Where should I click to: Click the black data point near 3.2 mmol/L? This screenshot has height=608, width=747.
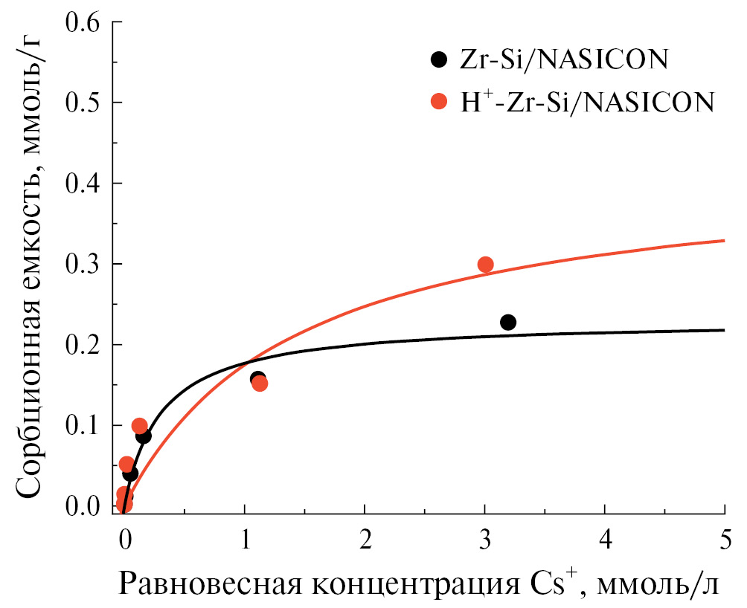(508, 323)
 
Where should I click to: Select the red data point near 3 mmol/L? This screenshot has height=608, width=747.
(486, 265)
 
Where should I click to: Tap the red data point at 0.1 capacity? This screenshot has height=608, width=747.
(139, 426)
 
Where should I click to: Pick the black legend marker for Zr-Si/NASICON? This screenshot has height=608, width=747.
(440, 59)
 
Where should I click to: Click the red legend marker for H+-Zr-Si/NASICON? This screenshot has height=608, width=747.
(440, 101)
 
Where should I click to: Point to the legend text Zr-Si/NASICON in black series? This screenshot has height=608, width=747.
(562, 59)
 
